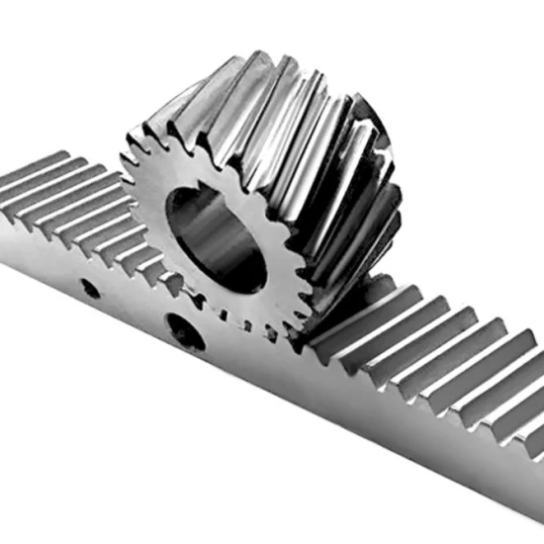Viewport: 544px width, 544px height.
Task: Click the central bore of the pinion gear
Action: (216, 237)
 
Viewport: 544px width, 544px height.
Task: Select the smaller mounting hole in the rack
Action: (90, 289)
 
